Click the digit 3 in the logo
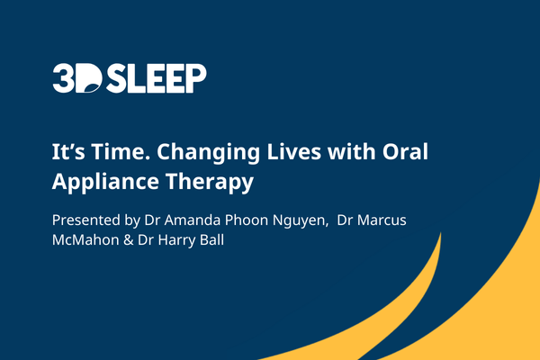(63, 78)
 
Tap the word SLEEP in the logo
(157, 78)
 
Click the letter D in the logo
(88, 78)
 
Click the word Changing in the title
(209, 153)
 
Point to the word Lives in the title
(294, 151)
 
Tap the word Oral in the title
(405, 151)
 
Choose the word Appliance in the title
(105, 183)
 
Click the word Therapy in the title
(210, 183)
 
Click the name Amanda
(193, 220)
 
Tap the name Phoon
(247, 220)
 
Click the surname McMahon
(85, 239)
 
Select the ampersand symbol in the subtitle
(129, 239)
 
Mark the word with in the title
(352, 151)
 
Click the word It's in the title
(68, 151)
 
